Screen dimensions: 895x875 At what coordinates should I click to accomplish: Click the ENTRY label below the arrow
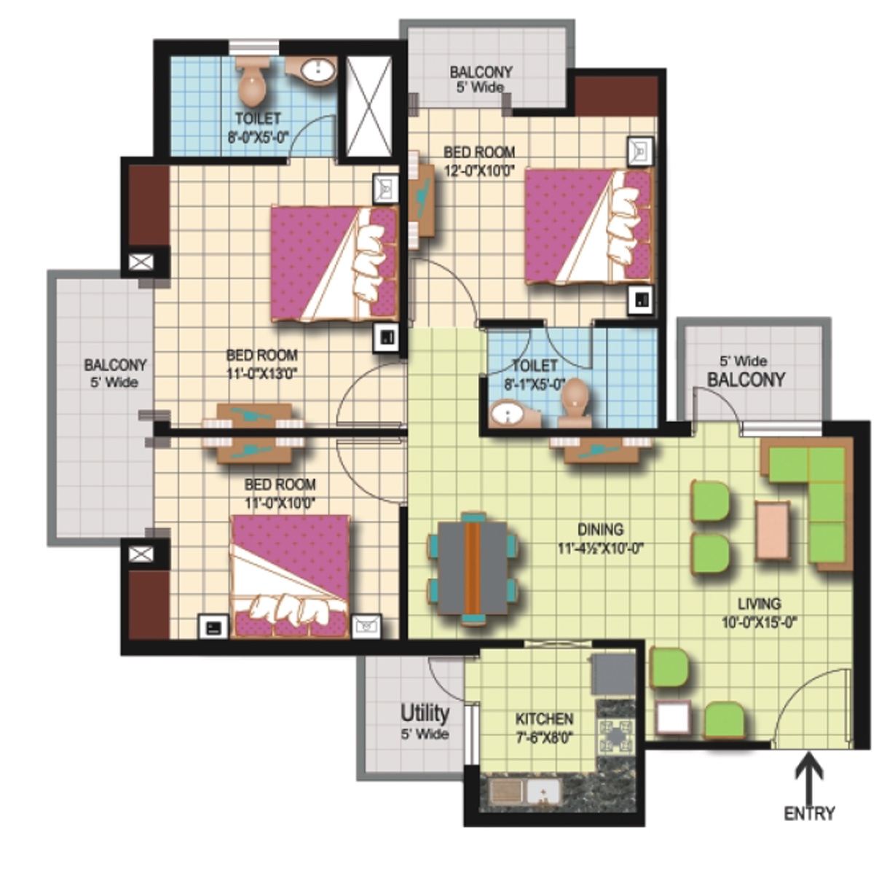click(x=809, y=813)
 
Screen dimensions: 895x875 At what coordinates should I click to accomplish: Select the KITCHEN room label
click(x=543, y=718)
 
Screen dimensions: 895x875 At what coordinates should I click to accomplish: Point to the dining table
click(x=473, y=568)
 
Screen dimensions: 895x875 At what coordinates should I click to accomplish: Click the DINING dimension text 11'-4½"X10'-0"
click(x=600, y=549)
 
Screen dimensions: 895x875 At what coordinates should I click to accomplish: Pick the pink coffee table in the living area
click(x=773, y=530)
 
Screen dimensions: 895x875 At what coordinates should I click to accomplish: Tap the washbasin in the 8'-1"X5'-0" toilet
click(x=508, y=413)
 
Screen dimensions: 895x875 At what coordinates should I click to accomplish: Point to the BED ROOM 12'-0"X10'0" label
click(x=478, y=161)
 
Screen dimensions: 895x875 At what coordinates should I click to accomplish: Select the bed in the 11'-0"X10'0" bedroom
click(x=291, y=576)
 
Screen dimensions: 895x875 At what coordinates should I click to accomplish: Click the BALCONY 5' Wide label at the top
click(x=481, y=79)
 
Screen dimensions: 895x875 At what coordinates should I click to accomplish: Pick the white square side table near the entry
click(x=673, y=717)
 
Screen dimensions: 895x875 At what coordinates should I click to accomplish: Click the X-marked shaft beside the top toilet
click(x=369, y=106)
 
